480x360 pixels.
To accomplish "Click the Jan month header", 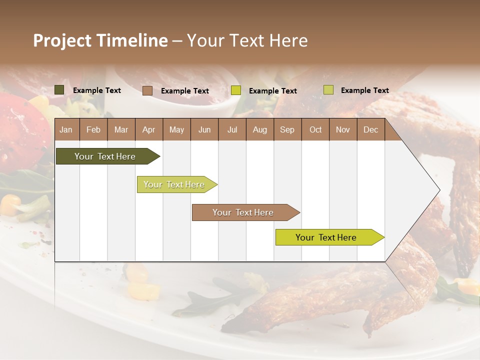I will (x=66, y=130).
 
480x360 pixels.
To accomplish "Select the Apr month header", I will (x=148, y=130).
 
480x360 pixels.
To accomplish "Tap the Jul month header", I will (x=232, y=130).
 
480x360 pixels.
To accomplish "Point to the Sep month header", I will (x=287, y=130).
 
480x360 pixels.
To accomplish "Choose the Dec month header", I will (x=370, y=130).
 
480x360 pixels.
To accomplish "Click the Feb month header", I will (x=93, y=130).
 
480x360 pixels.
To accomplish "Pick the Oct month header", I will (x=315, y=130).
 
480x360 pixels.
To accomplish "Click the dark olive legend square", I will (x=59, y=90).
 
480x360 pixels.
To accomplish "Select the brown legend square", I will (x=147, y=90).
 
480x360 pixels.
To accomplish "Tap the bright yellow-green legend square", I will (x=236, y=90).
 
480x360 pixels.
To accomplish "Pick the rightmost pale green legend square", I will (x=328, y=90).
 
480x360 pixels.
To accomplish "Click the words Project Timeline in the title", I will (x=100, y=40).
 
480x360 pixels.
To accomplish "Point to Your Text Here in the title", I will (x=247, y=40).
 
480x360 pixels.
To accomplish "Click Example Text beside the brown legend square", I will (x=185, y=91).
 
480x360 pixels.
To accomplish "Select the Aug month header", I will (x=259, y=130).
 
